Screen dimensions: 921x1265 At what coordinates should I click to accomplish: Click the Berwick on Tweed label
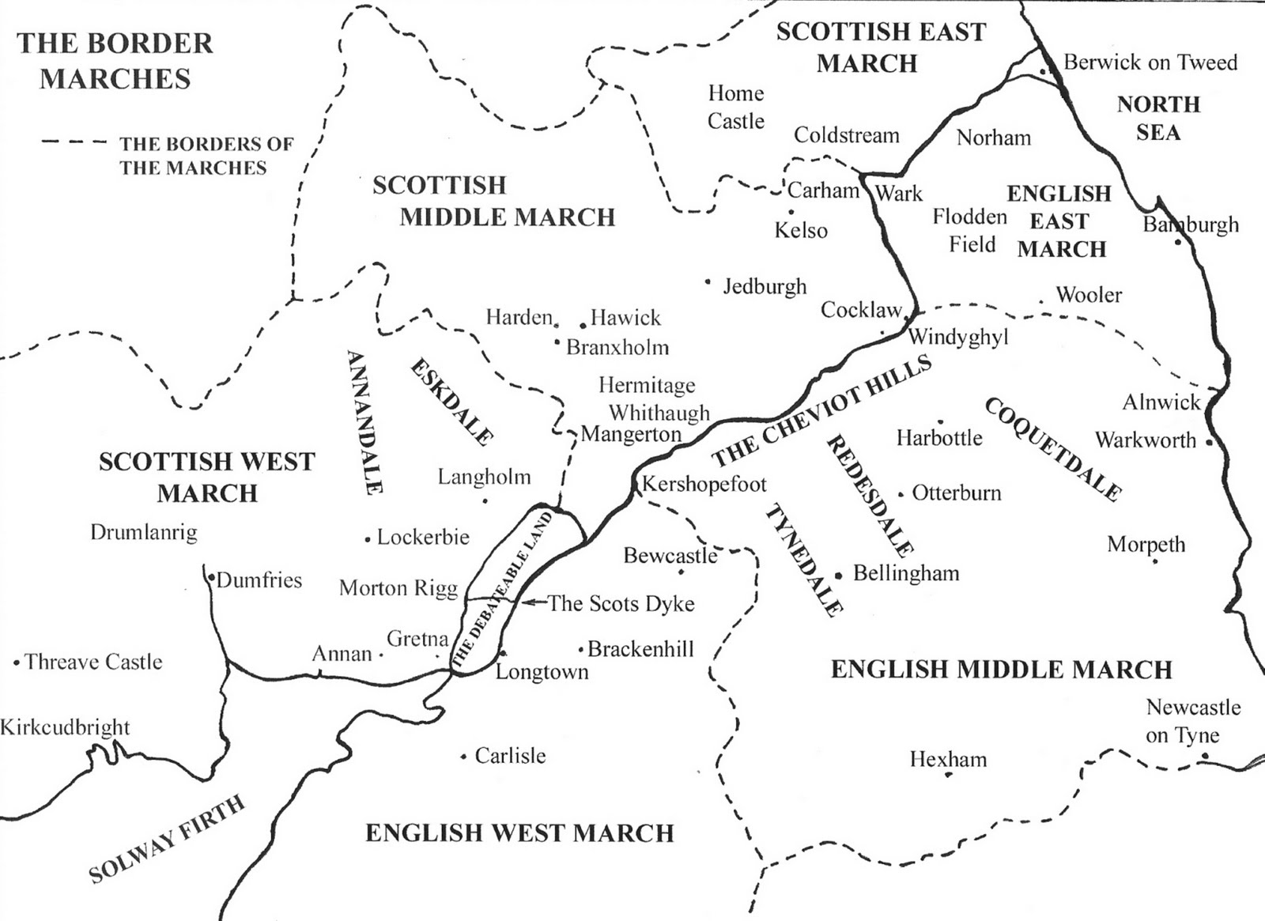coord(1150,62)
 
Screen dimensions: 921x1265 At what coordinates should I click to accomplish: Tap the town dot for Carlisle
coord(463,757)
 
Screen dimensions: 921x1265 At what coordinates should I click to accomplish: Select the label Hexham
coord(948,760)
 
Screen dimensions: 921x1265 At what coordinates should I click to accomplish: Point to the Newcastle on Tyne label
coord(1192,721)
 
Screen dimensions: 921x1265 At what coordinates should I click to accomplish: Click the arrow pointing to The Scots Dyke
coord(534,603)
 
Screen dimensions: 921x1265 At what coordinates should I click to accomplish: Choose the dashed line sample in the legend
coord(74,143)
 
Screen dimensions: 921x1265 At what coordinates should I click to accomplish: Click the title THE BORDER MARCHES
coord(115,61)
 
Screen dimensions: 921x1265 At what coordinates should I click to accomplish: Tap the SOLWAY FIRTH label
coord(167,840)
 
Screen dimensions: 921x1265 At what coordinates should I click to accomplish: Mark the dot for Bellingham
coord(838,575)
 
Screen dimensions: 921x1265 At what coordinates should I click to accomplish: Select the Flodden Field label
coord(971,230)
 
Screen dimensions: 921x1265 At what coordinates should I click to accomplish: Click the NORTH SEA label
coord(1158,118)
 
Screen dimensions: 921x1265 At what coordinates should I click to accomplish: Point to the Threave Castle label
coord(93,662)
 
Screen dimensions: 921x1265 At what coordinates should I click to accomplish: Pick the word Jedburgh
coord(765,286)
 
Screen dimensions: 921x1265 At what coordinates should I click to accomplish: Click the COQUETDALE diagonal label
coord(1052,449)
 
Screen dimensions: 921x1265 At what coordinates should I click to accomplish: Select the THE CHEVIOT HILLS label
coord(822,411)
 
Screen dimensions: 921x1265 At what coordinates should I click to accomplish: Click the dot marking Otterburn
coord(901,496)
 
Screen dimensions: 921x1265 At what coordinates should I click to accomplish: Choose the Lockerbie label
coord(423,538)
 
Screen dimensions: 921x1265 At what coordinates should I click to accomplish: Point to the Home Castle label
coord(735,107)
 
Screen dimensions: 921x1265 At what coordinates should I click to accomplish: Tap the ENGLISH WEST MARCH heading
coord(519,832)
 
